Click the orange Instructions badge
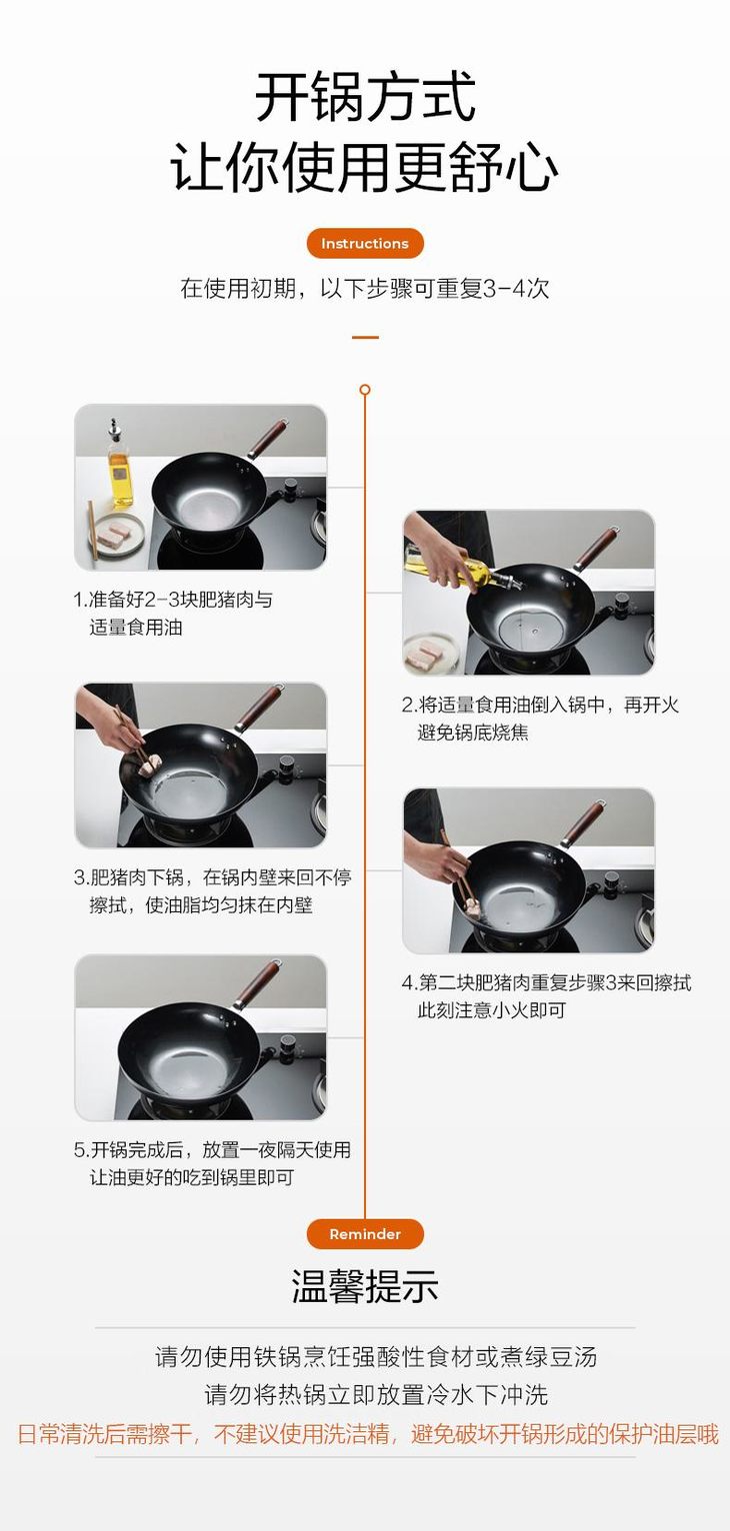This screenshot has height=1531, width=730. pyautogui.click(x=365, y=243)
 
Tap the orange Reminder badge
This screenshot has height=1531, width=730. pyautogui.click(x=365, y=1233)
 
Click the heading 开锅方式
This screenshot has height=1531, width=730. pyautogui.click(x=365, y=97)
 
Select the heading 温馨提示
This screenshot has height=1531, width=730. pyautogui.click(x=365, y=1286)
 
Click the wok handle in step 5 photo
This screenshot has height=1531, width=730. pyautogui.click(x=257, y=984)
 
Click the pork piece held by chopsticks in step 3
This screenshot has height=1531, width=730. pyautogui.click(x=151, y=765)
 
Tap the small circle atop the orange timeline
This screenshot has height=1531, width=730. pyautogui.click(x=365, y=390)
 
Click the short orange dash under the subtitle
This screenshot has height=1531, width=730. pyautogui.click(x=365, y=337)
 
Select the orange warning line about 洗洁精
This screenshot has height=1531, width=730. pyautogui.click(x=367, y=1433)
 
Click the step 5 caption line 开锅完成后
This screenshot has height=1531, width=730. pyautogui.click(x=212, y=1149)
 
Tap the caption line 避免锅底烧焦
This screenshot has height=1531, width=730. pyautogui.click(x=473, y=733)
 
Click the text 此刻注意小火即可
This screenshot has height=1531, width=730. pyautogui.click(x=491, y=1010)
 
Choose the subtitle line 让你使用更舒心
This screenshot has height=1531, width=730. pyautogui.click(x=365, y=168)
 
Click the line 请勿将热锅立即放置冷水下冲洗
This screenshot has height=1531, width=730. pyautogui.click(x=376, y=1395)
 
